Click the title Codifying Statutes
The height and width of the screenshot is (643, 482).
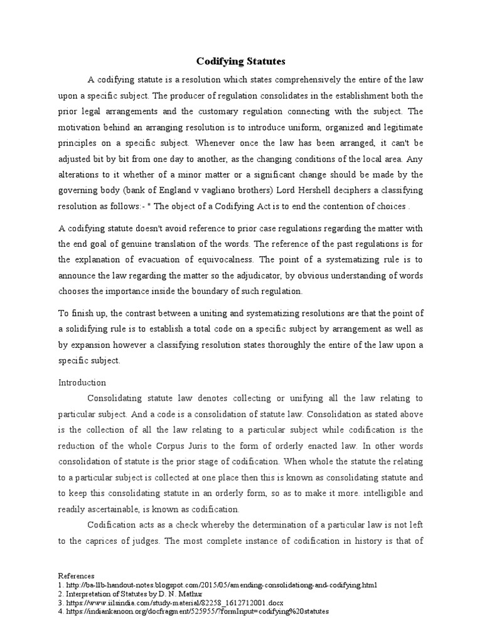coord(241,62)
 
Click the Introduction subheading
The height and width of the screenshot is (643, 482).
coord(82,382)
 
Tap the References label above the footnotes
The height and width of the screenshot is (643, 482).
coord(76,576)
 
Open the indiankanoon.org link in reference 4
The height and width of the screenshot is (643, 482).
coord(197,611)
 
